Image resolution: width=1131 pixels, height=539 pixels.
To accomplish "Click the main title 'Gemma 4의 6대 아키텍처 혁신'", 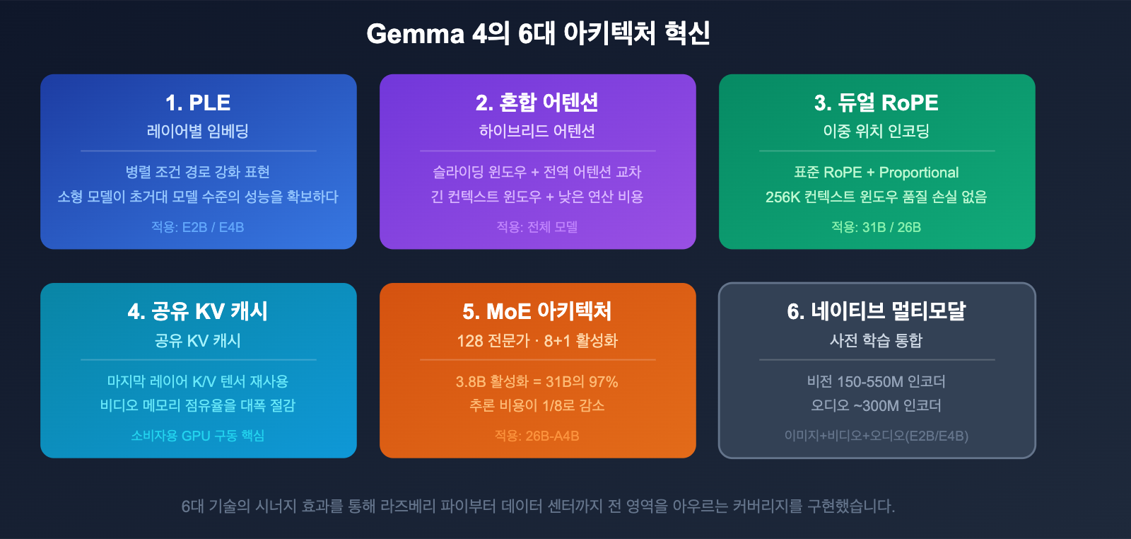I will pyautogui.click(x=538, y=33).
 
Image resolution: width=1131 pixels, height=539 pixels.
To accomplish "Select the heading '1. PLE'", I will pyautogui.click(x=198, y=103).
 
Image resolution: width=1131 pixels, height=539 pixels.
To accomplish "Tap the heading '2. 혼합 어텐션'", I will pyautogui.click(x=537, y=103).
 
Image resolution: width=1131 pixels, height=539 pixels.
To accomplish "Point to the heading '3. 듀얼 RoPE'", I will pyautogui.click(x=877, y=103).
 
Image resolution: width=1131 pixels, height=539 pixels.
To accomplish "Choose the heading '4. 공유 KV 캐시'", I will pyautogui.click(x=198, y=311).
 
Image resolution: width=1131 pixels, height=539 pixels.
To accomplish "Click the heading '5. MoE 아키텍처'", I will pyautogui.click(x=537, y=311).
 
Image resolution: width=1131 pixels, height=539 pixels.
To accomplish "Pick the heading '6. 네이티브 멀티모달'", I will pyautogui.click(x=877, y=311).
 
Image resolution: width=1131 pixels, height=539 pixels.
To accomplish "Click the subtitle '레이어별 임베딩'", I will pyautogui.click(x=198, y=131).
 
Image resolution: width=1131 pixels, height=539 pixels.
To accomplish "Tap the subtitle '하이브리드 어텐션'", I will pyautogui.click(x=537, y=131).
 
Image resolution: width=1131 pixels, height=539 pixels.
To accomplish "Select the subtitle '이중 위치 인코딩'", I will pyautogui.click(x=877, y=131).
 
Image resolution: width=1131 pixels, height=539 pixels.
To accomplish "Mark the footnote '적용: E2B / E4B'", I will pyautogui.click(x=198, y=227).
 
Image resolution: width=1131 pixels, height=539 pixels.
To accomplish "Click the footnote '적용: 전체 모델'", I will pyautogui.click(x=537, y=227).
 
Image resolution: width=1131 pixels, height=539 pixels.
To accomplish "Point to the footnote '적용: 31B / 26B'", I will pyautogui.click(x=877, y=227).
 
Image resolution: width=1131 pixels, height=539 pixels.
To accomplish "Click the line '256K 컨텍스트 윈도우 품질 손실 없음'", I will pyautogui.click(x=877, y=197).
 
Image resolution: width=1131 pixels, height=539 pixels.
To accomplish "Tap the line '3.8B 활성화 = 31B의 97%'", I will pyautogui.click(x=537, y=382).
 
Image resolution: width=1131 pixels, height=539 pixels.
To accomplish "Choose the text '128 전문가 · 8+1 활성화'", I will pyautogui.click(x=537, y=341).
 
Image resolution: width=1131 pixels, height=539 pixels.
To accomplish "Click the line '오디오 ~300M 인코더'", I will pyautogui.click(x=877, y=406).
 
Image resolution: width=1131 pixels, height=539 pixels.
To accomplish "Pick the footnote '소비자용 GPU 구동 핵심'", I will pyautogui.click(x=198, y=436).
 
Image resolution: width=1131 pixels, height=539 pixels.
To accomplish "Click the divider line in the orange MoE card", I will pyautogui.click(x=537, y=360).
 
